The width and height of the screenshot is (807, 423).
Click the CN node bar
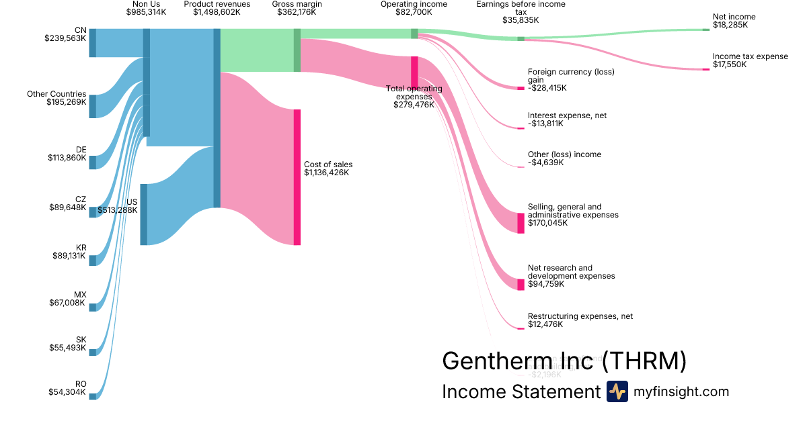pyautogui.click(x=93, y=43)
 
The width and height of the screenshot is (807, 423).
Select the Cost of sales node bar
pyautogui.click(x=297, y=177)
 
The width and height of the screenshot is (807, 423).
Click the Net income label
pyautogui.click(x=734, y=17)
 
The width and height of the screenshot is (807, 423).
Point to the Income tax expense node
pyautogui.click(x=705, y=69)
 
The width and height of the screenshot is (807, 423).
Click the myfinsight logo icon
pyautogui.click(x=617, y=391)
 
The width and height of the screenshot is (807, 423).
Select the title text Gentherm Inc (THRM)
pyautogui.click(x=564, y=361)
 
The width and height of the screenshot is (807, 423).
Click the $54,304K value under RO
pyautogui.click(x=67, y=393)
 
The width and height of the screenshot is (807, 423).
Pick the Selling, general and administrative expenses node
pyautogui.click(x=521, y=223)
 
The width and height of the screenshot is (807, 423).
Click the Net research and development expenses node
pyautogui.click(x=521, y=285)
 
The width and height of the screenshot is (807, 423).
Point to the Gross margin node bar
pyautogui.click(x=297, y=50)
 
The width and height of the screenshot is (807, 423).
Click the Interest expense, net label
pyautogui.click(x=567, y=115)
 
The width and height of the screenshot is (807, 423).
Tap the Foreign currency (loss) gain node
pyautogui.click(x=521, y=88)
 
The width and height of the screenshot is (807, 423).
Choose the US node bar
pyautogui.click(x=143, y=214)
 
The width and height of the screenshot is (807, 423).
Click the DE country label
pyautogui.click(x=81, y=150)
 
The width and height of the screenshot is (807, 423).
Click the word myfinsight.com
pyautogui.click(x=681, y=391)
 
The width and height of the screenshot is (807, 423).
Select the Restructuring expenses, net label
pyautogui.click(x=580, y=316)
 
